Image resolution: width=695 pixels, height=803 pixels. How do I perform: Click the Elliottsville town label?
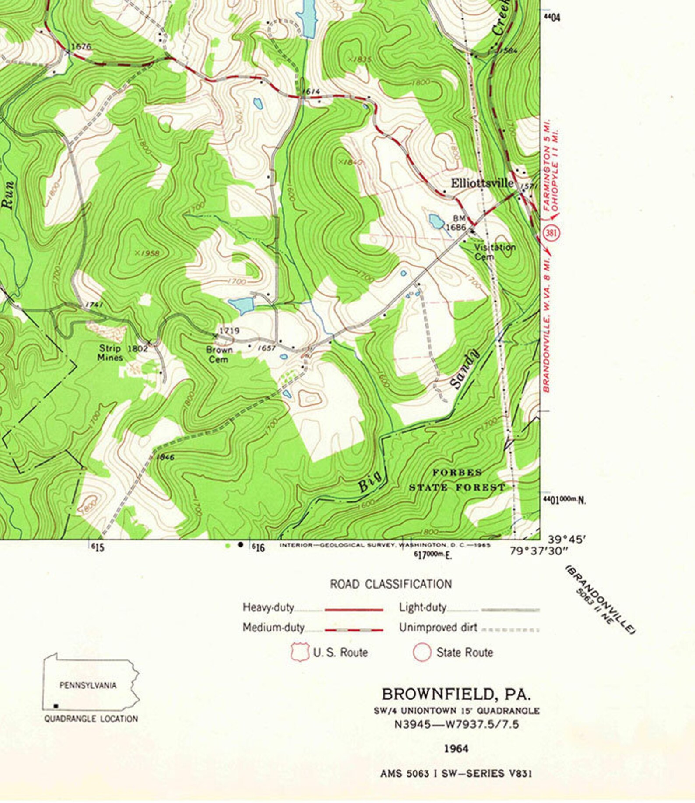click(x=482, y=183)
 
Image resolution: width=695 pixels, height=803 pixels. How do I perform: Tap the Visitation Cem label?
click(x=495, y=252)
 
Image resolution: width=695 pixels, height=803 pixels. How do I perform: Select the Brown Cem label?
click(x=219, y=354)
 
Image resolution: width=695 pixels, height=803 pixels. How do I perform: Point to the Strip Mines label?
click(x=110, y=353)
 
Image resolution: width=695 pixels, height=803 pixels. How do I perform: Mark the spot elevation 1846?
click(x=165, y=457)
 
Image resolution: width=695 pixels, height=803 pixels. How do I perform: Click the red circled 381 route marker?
click(x=551, y=233)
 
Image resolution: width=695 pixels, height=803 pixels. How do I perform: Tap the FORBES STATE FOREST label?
click(x=457, y=480)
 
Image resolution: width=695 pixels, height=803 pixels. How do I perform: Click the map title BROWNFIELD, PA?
click(x=456, y=694)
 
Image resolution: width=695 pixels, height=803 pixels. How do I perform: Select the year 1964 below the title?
click(x=456, y=749)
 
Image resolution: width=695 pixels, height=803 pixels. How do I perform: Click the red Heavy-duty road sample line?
click(x=354, y=609)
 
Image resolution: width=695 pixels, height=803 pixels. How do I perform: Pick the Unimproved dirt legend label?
click(x=438, y=628)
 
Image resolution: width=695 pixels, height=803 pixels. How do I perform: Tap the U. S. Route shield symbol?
click(x=300, y=652)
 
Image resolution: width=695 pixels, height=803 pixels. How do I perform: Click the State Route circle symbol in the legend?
click(x=422, y=652)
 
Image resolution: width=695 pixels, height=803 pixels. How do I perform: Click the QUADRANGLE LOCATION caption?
click(x=91, y=719)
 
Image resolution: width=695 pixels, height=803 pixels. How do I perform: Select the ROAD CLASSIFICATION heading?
click(x=391, y=584)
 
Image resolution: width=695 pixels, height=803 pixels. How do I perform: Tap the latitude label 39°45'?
click(x=566, y=540)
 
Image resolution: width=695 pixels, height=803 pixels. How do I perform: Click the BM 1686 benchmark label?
click(x=457, y=223)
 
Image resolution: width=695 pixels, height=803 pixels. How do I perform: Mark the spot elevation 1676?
click(x=81, y=46)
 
